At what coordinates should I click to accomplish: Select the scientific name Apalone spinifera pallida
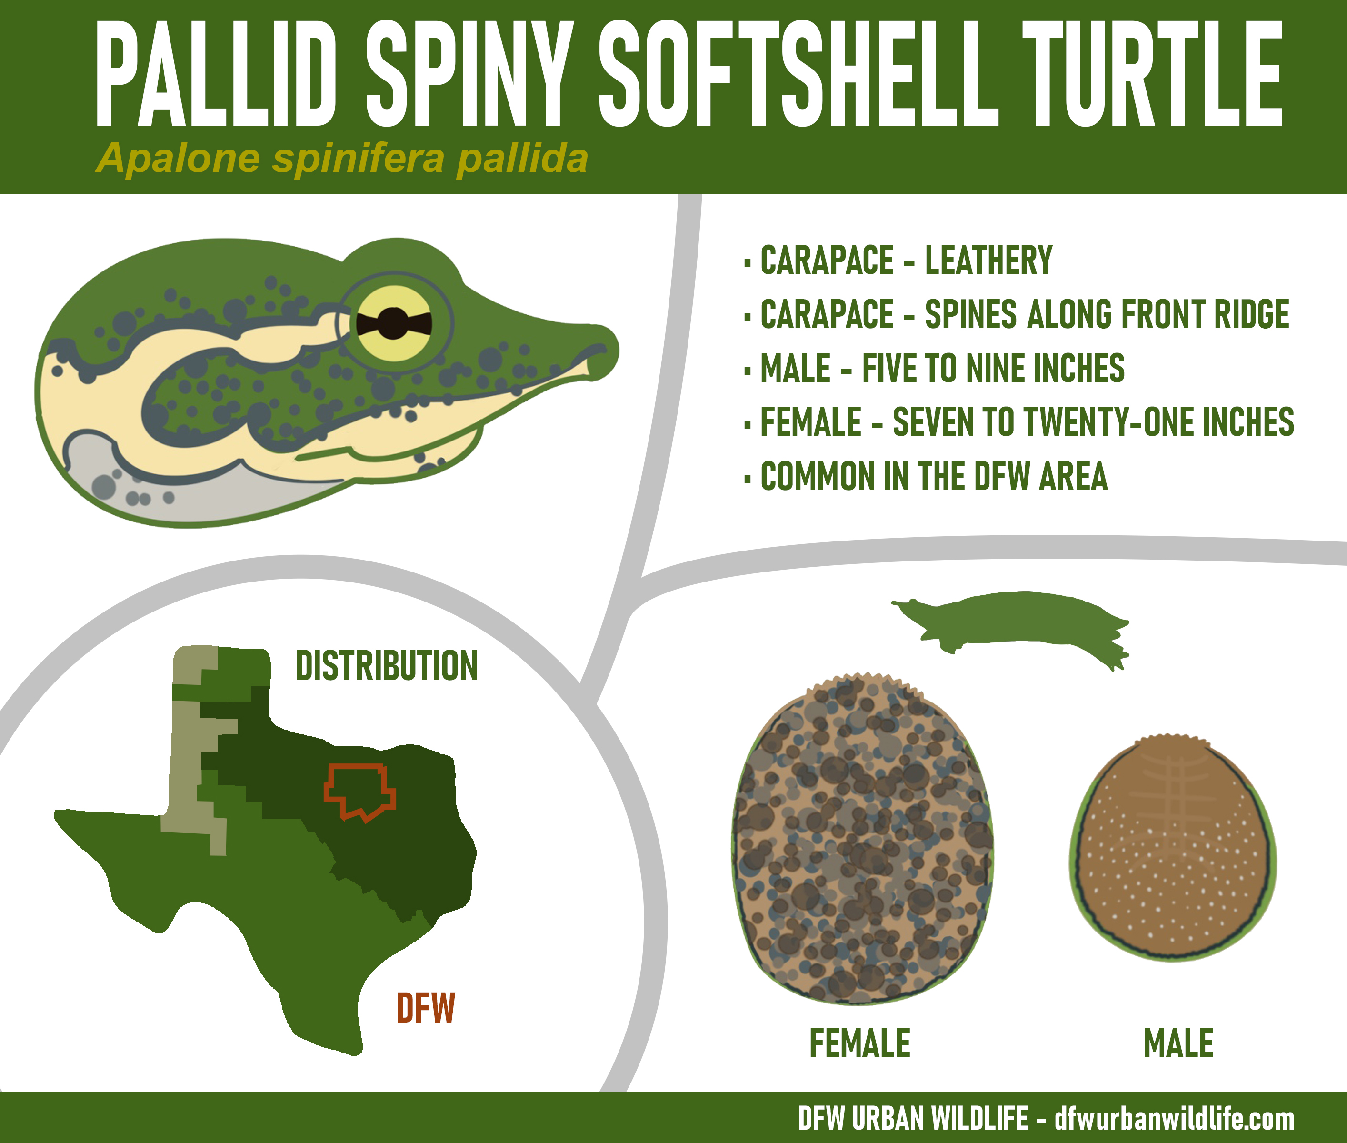(342, 158)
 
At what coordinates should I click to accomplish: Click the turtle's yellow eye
(395, 323)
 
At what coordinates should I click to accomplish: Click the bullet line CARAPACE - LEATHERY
(898, 261)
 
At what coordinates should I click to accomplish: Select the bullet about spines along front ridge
(1017, 314)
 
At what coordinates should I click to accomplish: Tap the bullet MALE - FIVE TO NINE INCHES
(935, 368)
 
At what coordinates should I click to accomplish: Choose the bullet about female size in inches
(1019, 422)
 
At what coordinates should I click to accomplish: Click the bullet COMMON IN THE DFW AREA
(927, 476)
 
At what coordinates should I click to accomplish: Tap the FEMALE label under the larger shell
(860, 1043)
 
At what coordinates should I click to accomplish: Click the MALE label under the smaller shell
(1178, 1043)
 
